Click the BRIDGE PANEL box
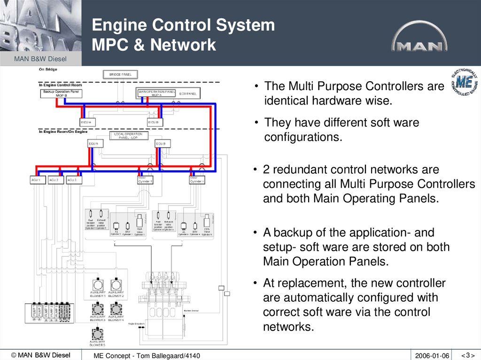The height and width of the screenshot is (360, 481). click(120, 74)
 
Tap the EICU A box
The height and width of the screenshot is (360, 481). click(88, 122)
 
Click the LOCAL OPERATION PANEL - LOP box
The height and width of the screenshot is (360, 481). click(128, 135)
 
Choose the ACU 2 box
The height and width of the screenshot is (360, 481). click(54, 180)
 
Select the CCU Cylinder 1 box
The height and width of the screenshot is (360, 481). click(145, 180)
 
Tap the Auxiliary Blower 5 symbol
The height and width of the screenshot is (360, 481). click(97, 334)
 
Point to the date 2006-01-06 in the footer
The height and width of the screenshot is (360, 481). click(432, 356)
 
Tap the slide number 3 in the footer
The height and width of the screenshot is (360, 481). click(467, 355)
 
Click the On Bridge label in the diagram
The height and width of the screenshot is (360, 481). click(48, 69)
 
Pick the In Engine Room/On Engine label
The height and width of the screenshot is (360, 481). click(63, 132)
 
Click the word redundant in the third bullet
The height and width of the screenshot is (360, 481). click(300, 169)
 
